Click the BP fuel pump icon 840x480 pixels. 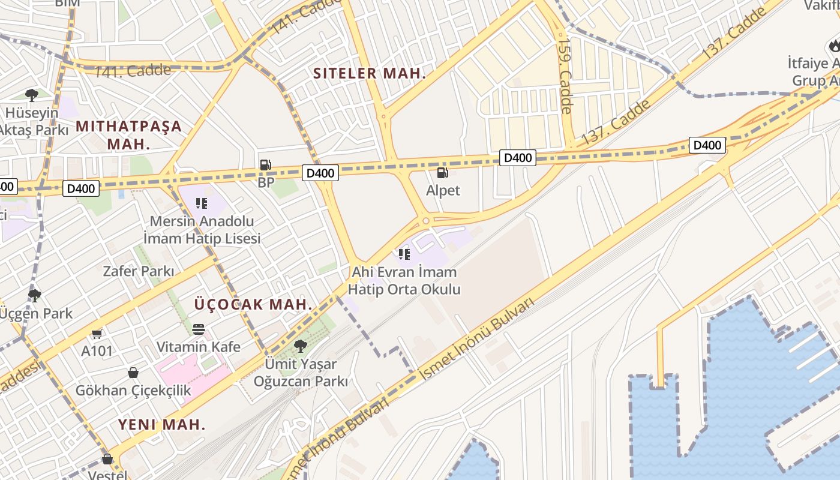point(265,165)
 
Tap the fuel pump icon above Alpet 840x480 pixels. point(442,173)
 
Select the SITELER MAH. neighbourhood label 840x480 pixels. point(370,74)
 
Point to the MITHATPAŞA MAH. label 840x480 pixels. point(128,135)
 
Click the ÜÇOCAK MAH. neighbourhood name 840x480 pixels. point(253,304)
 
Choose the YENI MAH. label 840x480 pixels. point(161,425)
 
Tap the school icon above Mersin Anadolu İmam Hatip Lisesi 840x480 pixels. point(202,203)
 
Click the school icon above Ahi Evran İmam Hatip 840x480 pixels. point(404,254)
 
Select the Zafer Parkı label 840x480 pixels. point(139,271)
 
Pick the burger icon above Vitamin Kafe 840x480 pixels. point(199,329)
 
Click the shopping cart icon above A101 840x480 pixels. point(97,334)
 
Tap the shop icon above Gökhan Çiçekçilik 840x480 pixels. point(133,373)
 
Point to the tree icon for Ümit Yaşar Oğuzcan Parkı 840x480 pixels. point(301,346)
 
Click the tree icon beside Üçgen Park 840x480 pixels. point(35,295)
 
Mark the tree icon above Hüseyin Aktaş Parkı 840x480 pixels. point(32,95)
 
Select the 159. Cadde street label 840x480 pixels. point(565,76)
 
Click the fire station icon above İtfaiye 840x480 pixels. point(834,45)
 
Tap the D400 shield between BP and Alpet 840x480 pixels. point(320,173)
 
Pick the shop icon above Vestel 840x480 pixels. point(107,459)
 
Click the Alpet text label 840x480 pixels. point(443,191)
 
